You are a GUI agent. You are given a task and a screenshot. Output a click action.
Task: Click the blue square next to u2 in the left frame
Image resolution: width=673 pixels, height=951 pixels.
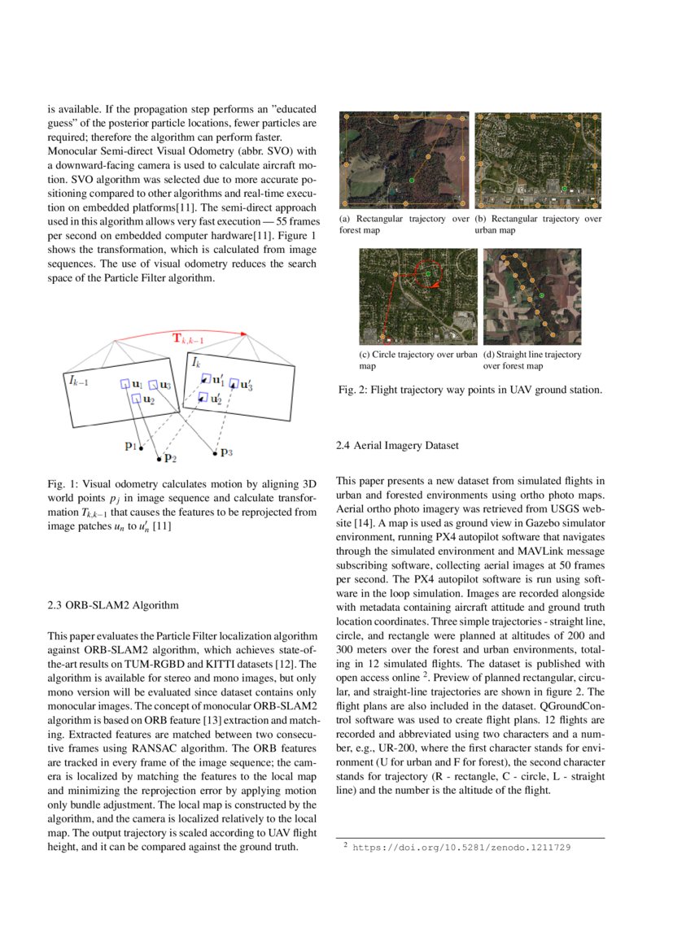point(136,399)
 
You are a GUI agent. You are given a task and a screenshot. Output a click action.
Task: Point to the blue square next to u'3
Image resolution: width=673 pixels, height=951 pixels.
point(234,383)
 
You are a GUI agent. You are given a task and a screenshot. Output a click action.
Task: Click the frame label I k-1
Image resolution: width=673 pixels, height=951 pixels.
point(80,380)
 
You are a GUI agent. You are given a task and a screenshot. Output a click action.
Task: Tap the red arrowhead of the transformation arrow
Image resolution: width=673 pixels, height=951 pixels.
point(243,334)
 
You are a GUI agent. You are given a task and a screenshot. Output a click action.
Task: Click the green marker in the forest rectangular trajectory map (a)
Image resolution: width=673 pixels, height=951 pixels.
point(412,179)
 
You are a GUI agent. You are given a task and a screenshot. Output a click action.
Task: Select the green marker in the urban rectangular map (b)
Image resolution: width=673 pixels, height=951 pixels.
point(563,190)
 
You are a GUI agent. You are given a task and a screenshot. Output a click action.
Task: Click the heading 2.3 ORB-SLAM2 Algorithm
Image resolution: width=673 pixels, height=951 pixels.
point(113,605)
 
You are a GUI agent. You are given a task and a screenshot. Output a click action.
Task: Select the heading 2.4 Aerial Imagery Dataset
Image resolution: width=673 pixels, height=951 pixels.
point(397,446)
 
